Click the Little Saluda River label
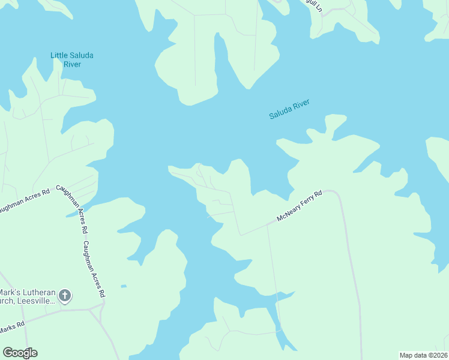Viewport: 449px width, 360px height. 71,60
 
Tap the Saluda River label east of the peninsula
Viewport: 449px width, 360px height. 289,109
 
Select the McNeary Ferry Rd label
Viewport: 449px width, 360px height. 300,206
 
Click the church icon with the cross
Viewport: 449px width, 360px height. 65,295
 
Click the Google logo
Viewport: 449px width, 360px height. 20,353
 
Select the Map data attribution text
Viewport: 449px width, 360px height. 423,355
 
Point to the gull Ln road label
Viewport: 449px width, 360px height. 313,5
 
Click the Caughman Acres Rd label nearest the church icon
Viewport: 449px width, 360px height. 94,269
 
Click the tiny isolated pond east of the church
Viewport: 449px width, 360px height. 123,286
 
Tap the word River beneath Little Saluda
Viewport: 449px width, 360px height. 71,64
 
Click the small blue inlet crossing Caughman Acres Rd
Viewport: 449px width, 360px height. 76,212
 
